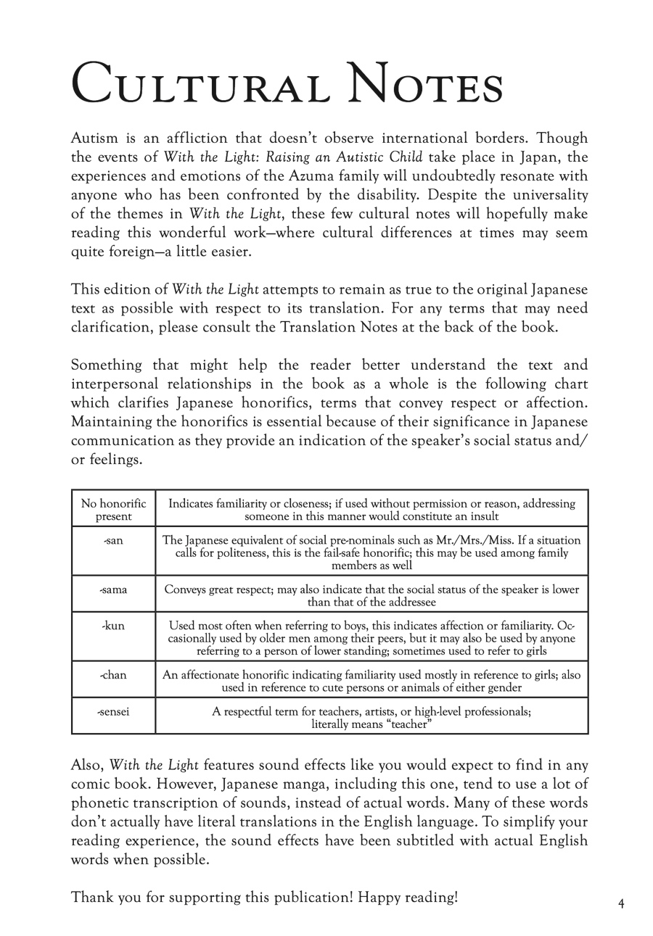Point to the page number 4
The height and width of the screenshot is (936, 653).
[x=621, y=903]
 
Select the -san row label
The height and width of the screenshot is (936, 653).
[x=113, y=541]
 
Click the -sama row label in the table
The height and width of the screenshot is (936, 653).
[x=113, y=589]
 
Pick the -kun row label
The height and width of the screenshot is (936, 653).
[x=113, y=626]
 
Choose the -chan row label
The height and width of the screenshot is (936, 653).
[x=113, y=675]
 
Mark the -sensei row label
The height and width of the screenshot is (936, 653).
[x=113, y=711]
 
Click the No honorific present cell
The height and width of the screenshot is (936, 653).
[x=113, y=510]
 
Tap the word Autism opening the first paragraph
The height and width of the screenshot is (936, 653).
[x=94, y=138]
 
